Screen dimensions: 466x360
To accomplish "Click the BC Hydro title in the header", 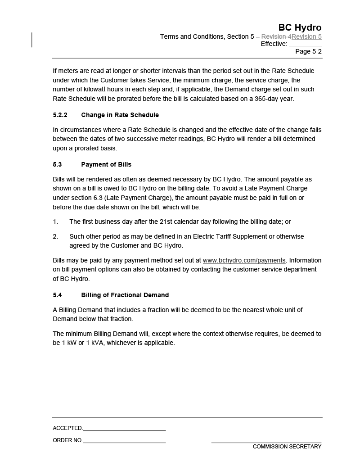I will (300, 27).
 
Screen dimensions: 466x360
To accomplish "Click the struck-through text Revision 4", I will (276, 36).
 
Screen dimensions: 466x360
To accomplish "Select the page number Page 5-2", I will (308, 51).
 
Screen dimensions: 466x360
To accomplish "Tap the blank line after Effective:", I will (305, 44).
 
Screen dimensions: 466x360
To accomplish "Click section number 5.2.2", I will (60, 115).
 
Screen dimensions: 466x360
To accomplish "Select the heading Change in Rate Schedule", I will (120, 115).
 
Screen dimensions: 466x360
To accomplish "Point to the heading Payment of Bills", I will (106, 164).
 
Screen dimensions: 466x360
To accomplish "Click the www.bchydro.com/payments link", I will (244, 260).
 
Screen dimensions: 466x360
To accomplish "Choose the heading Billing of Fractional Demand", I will (125, 295).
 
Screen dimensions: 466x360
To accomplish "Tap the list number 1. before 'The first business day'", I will (55, 222).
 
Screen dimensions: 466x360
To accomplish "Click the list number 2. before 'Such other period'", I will (55, 236).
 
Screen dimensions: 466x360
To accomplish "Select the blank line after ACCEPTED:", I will (124, 429).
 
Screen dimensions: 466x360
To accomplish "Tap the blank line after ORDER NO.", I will (124, 441).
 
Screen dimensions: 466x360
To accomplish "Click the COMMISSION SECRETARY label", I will (287, 447).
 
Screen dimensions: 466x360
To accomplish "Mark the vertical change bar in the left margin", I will (31, 40).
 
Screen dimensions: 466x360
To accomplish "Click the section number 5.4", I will (57, 295).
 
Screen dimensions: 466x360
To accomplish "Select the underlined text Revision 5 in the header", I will (306, 36).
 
